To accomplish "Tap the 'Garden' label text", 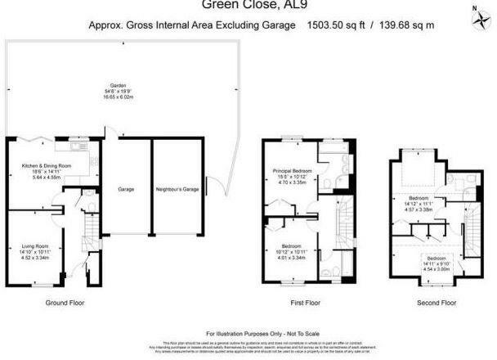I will [119, 84].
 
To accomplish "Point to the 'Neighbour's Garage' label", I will [178, 189].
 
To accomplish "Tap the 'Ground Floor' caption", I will [66, 302].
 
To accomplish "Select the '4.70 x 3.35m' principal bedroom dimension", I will [291, 183].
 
